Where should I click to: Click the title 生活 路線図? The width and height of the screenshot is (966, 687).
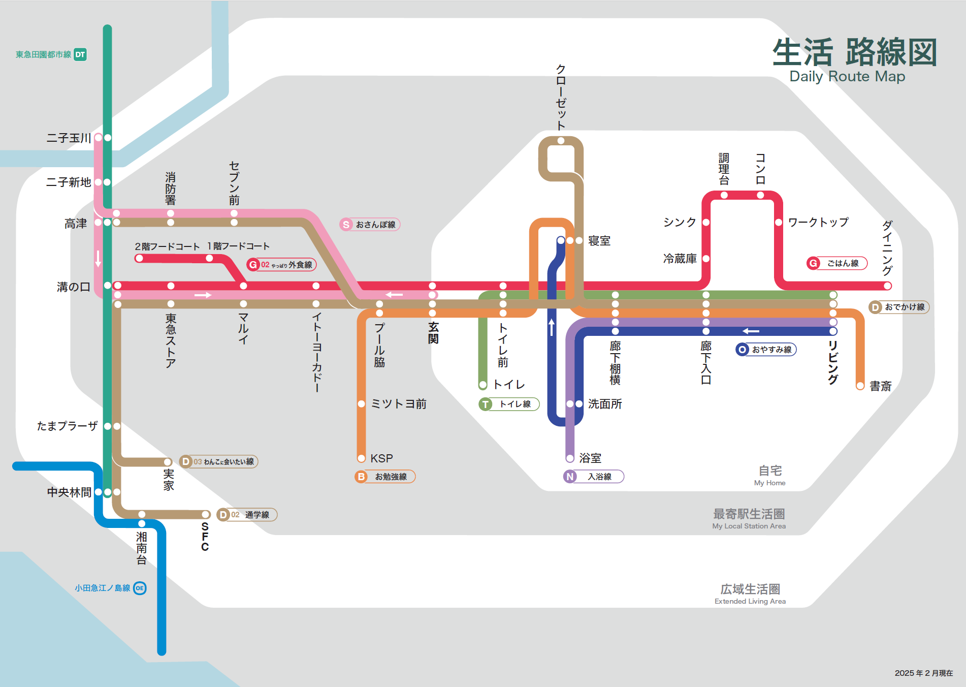point(854,52)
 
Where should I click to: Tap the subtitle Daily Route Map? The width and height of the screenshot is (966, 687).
point(847,77)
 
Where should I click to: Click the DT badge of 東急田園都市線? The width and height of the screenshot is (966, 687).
point(80,54)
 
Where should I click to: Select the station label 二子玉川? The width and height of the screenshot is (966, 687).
point(69,138)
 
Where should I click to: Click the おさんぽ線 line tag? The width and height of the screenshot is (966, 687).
point(370,225)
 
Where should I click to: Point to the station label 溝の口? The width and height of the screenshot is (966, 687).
point(73,287)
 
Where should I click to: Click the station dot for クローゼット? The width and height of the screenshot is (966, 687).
point(561,141)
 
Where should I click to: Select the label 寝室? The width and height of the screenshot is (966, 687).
point(599,241)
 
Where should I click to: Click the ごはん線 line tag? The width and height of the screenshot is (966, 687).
point(837,263)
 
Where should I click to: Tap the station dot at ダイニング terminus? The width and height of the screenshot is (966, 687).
point(887,286)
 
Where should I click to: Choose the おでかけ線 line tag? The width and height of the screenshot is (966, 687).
point(899,307)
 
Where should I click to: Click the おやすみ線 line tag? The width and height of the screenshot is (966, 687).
point(766,350)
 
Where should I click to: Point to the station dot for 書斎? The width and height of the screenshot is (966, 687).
point(860,386)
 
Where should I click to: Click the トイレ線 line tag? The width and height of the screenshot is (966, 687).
point(509,404)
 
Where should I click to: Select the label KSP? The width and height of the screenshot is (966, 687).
point(381,458)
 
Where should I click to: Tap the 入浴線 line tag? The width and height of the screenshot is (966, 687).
point(593,477)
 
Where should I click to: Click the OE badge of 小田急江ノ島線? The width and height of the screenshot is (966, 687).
point(140,588)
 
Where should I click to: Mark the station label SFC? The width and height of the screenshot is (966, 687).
point(205,537)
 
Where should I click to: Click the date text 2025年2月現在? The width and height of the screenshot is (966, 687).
point(923,673)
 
